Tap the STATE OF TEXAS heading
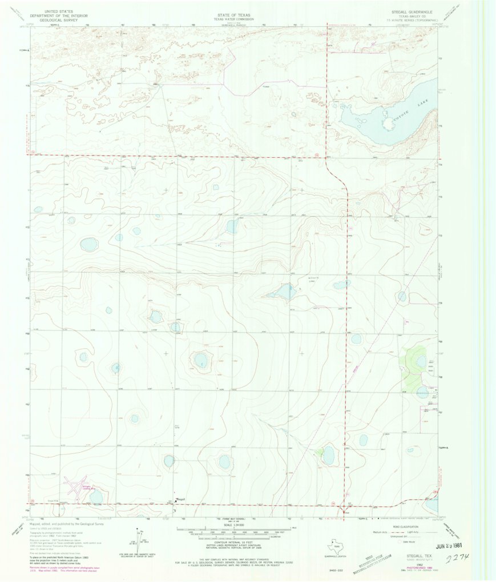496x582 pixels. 234,11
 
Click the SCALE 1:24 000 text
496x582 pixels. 234,525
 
